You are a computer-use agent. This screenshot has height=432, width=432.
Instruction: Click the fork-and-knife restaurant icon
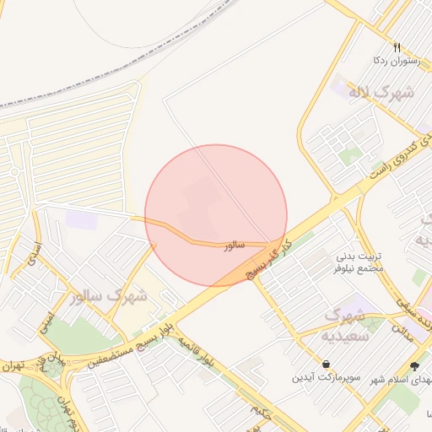pyautogui.click(x=397, y=47)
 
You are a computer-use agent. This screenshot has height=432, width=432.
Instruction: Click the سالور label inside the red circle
pyautogui.click(x=234, y=246)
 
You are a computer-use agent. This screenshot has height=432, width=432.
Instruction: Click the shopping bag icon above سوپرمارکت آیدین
pyautogui.click(x=301, y=364)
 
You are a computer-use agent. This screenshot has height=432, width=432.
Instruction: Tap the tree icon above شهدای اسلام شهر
pyautogui.click(x=413, y=365)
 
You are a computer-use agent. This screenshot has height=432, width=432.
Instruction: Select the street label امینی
pyautogui.click(x=47, y=321)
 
